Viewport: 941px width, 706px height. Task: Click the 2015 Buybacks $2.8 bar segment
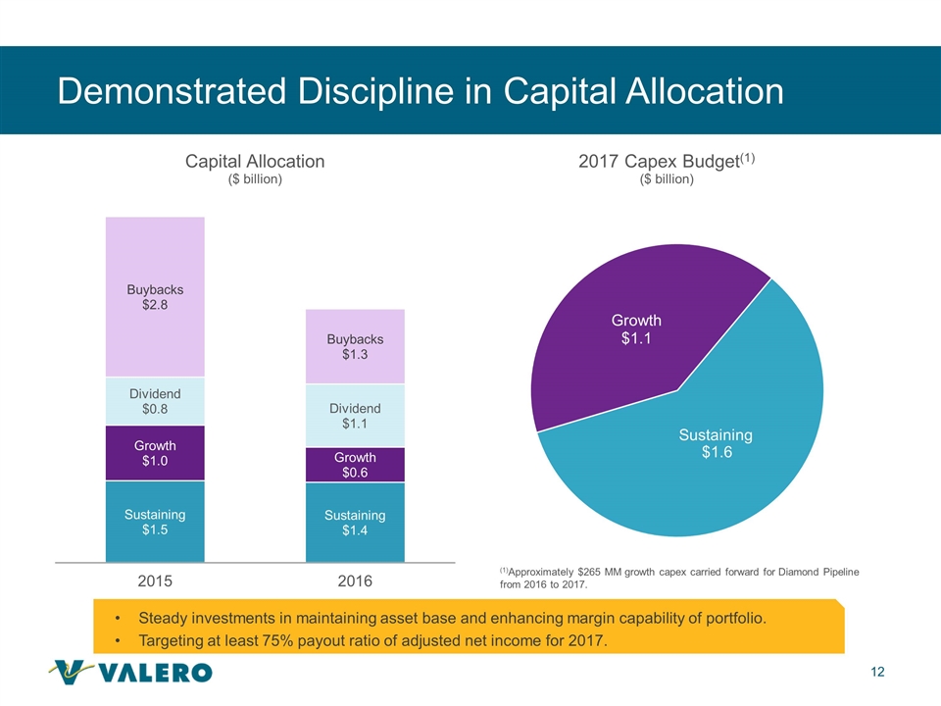coord(155,296)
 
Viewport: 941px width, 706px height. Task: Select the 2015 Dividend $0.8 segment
coord(155,401)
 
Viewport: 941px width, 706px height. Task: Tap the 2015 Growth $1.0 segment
coord(155,453)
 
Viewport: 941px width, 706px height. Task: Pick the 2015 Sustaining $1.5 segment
coord(155,522)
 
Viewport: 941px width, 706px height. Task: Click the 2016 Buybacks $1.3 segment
coord(355,347)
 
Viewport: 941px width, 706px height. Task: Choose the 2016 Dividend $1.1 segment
coord(355,416)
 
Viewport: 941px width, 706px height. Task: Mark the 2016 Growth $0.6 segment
coord(355,465)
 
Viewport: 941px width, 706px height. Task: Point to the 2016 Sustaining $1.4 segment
coord(355,523)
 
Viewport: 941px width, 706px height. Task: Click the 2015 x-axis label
coord(155,580)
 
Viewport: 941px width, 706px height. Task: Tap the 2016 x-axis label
coord(355,580)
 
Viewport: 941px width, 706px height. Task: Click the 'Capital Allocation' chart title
coord(255,161)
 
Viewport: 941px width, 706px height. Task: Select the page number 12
coord(877,672)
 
